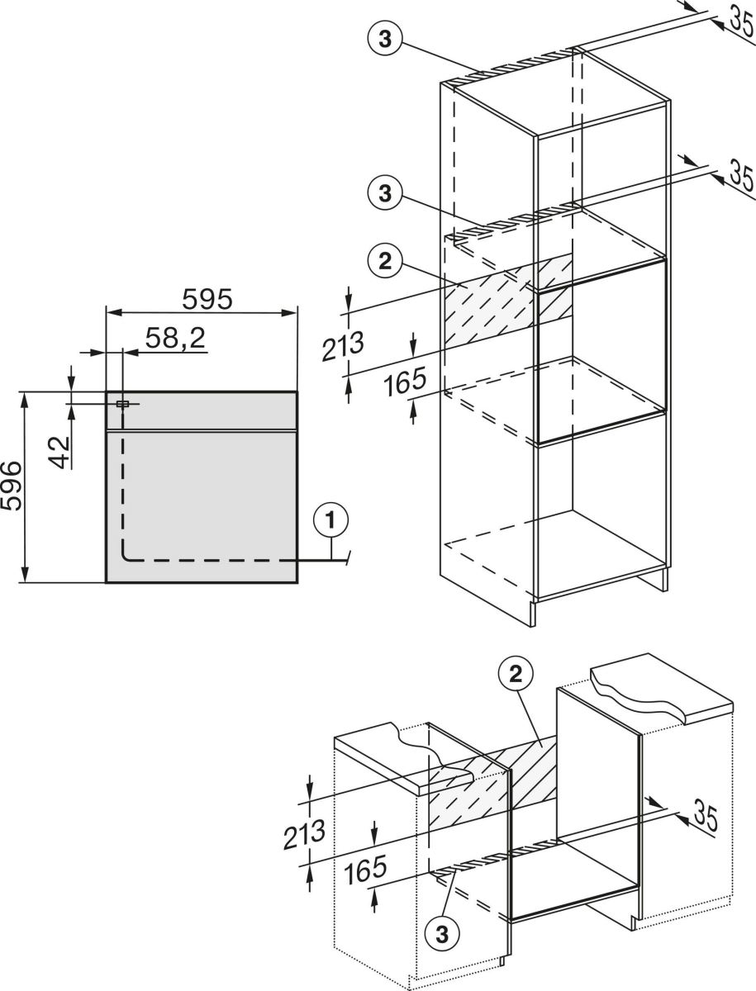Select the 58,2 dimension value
175,338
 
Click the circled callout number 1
330,521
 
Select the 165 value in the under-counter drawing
365,870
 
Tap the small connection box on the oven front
123,404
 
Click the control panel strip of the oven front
201,410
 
